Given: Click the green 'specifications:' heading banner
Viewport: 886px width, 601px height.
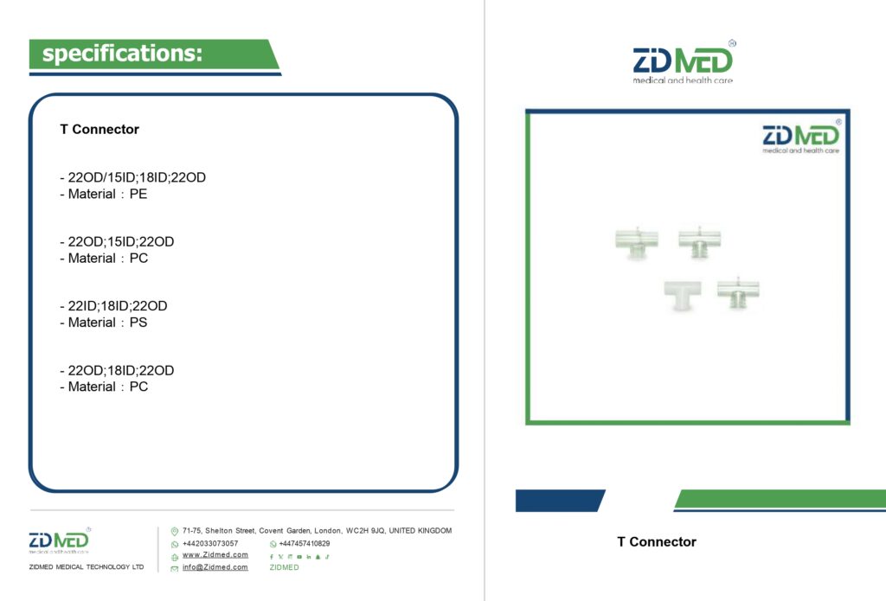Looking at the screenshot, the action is pyautogui.click(x=154, y=54).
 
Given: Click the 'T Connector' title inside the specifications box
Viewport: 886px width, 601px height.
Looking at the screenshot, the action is pyautogui.click(x=100, y=130).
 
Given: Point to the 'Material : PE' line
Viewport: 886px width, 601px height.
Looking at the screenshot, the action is pyautogui.click(x=104, y=194).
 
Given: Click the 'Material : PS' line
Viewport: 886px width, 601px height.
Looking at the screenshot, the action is pyautogui.click(x=104, y=323).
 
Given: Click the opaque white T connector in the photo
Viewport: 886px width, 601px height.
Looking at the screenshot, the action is pyautogui.click(x=683, y=294).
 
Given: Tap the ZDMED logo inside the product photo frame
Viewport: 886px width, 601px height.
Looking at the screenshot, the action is pyautogui.click(x=800, y=137).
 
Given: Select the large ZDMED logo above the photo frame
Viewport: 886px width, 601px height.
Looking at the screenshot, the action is pyautogui.click(x=684, y=62).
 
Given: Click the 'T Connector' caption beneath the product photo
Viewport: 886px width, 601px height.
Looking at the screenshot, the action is pyautogui.click(x=657, y=541).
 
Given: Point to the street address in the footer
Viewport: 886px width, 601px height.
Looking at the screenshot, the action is pyautogui.click(x=317, y=530).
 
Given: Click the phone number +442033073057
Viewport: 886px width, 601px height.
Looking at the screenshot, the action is pyautogui.click(x=210, y=543).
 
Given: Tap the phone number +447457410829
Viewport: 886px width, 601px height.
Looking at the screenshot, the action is pyautogui.click(x=305, y=543).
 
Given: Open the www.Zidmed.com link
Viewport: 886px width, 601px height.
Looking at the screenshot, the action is pyautogui.click(x=215, y=554).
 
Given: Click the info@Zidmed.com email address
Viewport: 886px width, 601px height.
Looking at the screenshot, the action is pyautogui.click(x=215, y=567).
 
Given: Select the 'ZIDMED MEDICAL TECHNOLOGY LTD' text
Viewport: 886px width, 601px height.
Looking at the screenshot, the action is pyautogui.click(x=87, y=566).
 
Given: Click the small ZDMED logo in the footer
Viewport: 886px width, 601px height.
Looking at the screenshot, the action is pyautogui.click(x=60, y=540).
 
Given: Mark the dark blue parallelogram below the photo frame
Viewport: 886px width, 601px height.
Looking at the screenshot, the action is pyautogui.click(x=560, y=501).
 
